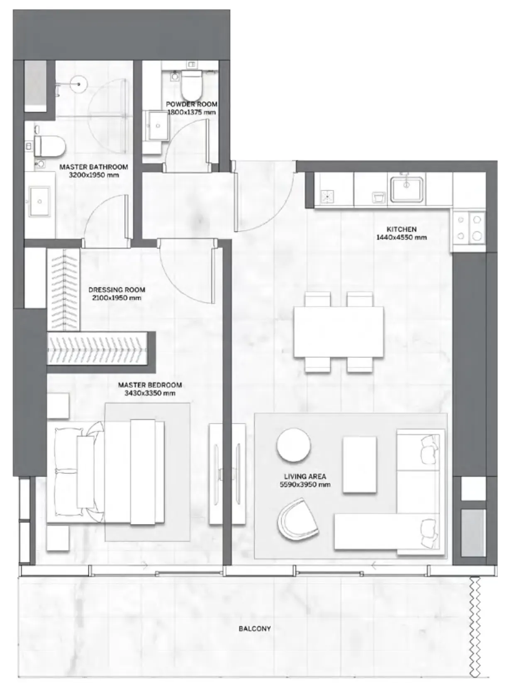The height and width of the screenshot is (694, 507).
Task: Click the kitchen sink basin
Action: click(406, 189)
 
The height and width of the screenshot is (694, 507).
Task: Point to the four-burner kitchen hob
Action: click(469, 228)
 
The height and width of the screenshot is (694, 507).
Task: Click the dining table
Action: click(338, 332)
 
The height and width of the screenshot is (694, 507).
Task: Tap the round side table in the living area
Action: click(293, 445)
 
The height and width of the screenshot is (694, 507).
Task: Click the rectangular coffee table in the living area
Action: click(359, 465)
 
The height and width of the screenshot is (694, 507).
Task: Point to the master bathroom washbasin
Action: click(39, 201)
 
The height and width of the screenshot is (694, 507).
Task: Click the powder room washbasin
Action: click(158, 126)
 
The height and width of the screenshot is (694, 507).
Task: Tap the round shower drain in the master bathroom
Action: click(79, 84)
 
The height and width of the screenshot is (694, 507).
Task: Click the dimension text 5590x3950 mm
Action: click(305, 485)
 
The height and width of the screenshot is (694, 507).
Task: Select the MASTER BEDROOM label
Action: click(150, 385)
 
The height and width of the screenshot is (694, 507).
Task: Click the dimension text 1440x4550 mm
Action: click(401, 238)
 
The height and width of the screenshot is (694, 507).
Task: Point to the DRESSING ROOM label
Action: click(117, 290)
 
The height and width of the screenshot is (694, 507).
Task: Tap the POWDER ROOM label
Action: click(191, 104)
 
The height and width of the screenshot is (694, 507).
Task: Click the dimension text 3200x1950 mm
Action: click(94, 175)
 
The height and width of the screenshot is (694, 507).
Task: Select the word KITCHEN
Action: click(401, 229)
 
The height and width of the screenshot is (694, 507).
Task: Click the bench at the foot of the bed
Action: click(143, 471)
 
